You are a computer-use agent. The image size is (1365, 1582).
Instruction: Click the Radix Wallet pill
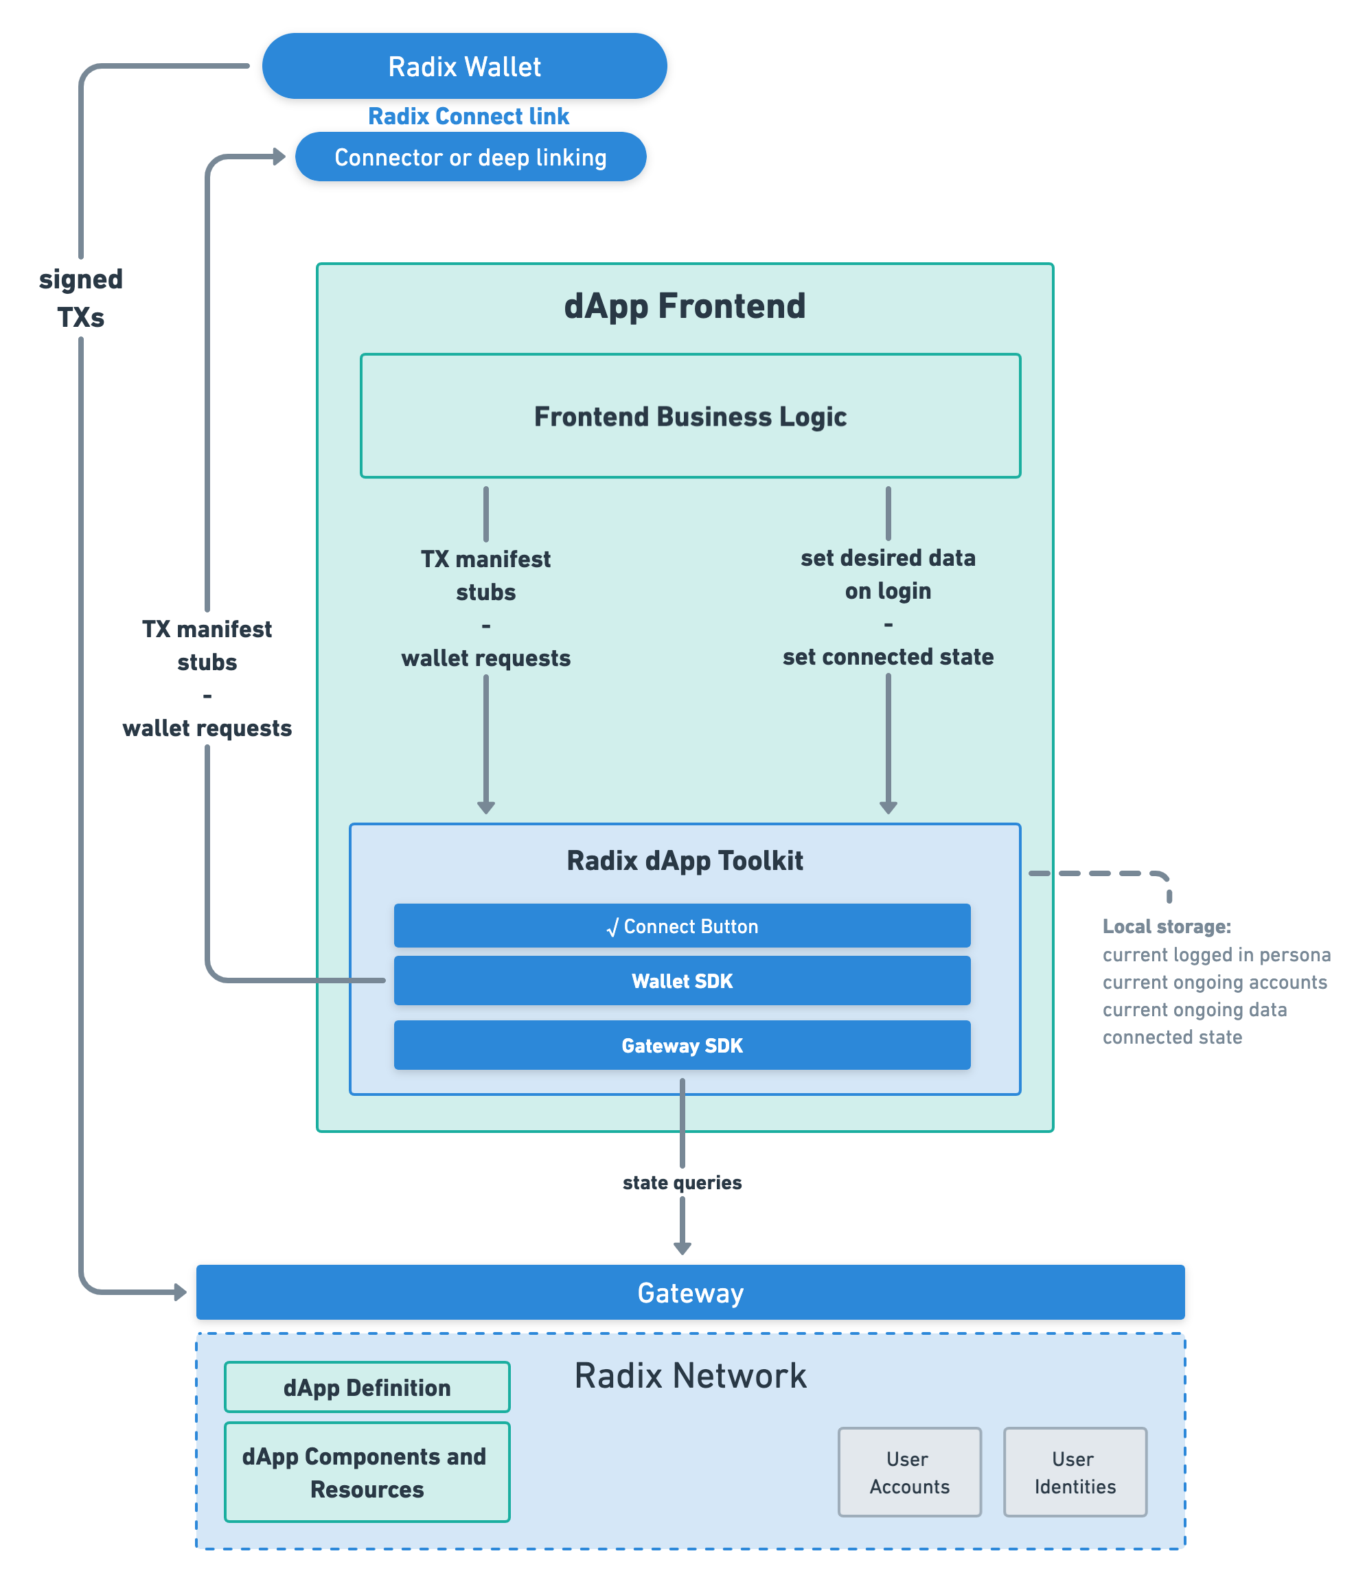click(x=464, y=67)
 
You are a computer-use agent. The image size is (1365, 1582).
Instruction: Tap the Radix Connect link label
click(x=468, y=116)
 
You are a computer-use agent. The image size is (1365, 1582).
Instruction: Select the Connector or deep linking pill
click(x=470, y=157)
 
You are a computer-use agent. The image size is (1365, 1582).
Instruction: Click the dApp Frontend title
click(x=684, y=306)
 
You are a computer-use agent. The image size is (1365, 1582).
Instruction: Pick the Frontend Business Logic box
click(x=690, y=416)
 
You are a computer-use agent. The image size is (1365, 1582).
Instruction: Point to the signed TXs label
click(x=81, y=298)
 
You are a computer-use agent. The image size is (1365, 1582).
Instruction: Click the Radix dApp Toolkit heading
click(x=684, y=860)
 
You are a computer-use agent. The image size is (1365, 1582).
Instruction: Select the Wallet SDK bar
click(x=682, y=981)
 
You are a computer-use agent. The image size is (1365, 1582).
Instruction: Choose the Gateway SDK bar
click(x=682, y=1045)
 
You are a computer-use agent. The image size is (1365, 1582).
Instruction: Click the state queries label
click(x=682, y=1182)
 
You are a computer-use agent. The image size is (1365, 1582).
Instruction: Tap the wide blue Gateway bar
click(x=690, y=1293)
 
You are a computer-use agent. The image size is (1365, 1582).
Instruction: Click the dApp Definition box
click(x=367, y=1387)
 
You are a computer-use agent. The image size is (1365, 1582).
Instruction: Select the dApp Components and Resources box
click(x=367, y=1472)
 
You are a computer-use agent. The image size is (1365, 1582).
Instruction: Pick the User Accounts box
click(x=909, y=1472)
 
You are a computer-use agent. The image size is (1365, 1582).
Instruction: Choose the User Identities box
click(x=1074, y=1472)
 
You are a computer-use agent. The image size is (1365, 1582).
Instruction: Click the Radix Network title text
click(x=690, y=1376)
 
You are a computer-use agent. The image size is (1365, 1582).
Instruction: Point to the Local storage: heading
click(x=1166, y=926)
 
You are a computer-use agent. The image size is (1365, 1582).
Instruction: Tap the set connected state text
click(x=888, y=656)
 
